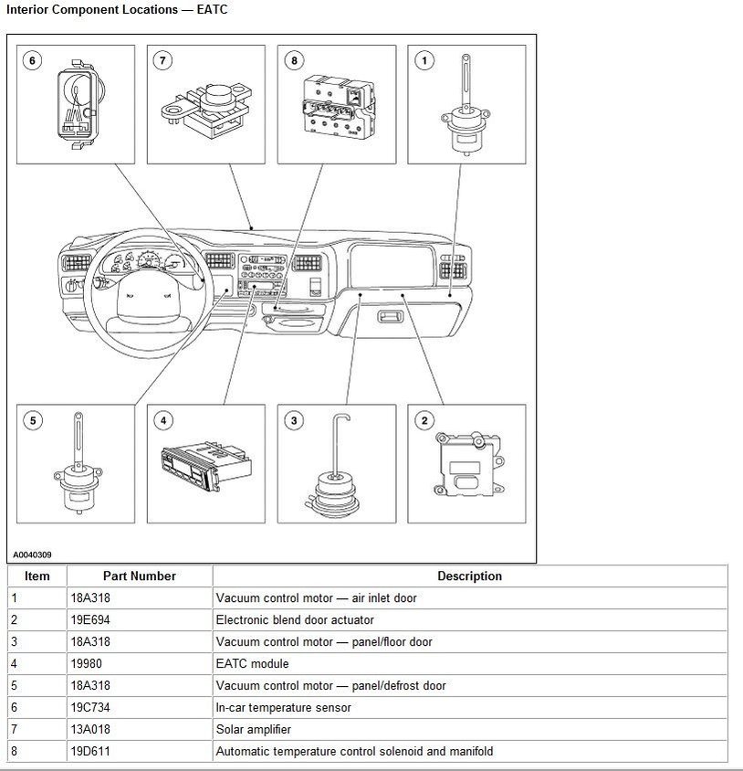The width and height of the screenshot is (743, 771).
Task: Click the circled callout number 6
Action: click(x=33, y=60)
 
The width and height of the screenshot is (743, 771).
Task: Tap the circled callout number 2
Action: click(x=424, y=420)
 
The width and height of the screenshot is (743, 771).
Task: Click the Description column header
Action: click(x=469, y=576)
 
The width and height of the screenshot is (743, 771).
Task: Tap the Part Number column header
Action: click(x=139, y=576)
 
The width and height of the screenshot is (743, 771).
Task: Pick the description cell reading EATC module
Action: click(x=252, y=664)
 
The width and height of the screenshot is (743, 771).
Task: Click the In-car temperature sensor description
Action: click(x=283, y=708)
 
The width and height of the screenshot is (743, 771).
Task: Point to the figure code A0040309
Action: click(x=32, y=554)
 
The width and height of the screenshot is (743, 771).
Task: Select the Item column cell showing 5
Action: click(x=14, y=686)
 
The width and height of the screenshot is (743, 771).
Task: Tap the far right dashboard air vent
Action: click(x=451, y=265)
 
